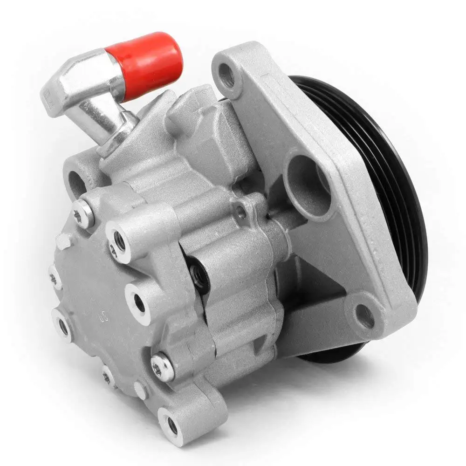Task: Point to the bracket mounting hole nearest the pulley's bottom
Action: click(x=364, y=316)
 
